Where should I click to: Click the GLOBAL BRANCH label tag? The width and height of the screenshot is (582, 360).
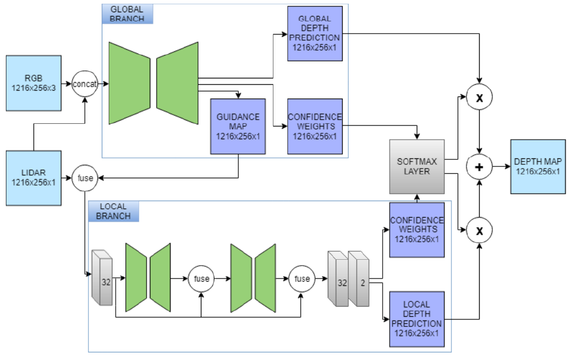click(127, 14)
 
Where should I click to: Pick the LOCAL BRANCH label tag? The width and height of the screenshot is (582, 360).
click(114, 211)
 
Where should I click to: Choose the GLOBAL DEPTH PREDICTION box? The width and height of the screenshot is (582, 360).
click(314, 34)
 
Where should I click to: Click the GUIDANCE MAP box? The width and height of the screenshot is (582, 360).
click(238, 126)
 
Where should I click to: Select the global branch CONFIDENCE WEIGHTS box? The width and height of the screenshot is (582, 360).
click(314, 126)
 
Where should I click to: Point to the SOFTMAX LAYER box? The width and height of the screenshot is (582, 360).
click(417, 166)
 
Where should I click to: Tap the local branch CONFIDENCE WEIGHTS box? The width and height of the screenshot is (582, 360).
click(417, 230)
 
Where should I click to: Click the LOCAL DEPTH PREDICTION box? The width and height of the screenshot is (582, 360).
click(417, 319)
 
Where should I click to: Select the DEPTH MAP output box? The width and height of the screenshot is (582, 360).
click(537, 166)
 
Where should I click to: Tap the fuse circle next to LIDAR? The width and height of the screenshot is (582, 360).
click(85, 178)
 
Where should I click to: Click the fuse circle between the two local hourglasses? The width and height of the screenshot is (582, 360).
click(201, 278)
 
